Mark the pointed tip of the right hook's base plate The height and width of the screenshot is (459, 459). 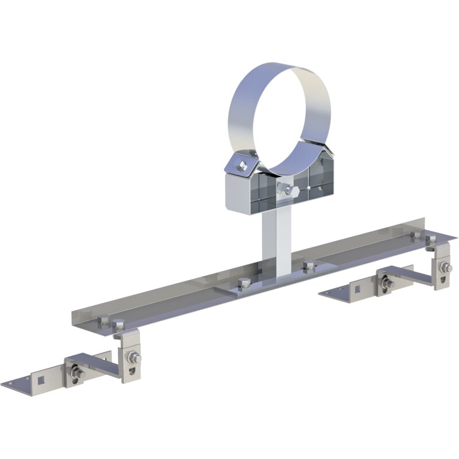tap(321, 294)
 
